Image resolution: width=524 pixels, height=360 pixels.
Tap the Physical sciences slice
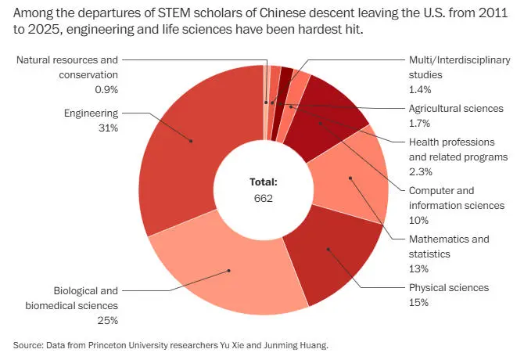[328, 250]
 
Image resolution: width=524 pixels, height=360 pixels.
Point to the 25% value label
[107, 320]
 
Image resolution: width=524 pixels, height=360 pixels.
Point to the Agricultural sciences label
[456, 108]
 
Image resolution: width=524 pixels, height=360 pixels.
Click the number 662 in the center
[264, 197]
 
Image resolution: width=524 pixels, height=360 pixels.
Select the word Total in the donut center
[264, 182]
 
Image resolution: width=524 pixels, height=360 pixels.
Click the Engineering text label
[91, 113]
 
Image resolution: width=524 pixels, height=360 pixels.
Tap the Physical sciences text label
[448, 287]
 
